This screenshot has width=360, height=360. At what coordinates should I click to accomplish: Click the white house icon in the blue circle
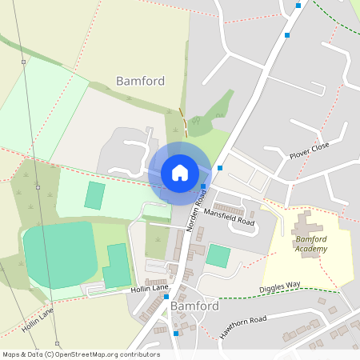[x=179, y=172]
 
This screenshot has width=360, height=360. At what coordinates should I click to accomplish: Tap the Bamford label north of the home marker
[x=140, y=81]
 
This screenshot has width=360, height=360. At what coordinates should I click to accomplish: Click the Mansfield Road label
[x=229, y=216]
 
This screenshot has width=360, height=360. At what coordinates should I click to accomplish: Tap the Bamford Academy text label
[x=311, y=244]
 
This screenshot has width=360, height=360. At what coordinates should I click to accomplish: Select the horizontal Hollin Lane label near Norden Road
[x=150, y=288]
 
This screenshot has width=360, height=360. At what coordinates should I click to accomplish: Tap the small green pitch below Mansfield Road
[x=218, y=257]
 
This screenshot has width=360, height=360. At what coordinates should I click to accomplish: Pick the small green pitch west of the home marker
[x=95, y=195]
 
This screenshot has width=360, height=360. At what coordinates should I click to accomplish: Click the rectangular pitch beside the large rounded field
[x=117, y=266]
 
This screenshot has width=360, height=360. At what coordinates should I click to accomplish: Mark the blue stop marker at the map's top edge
[x=298, y=5]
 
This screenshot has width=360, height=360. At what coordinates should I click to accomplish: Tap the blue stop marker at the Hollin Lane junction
[x=166, y=296]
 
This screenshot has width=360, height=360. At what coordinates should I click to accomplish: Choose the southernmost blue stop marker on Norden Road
[x=176, y=333]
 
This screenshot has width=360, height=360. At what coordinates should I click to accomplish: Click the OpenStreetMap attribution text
[x=80, y=354]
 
